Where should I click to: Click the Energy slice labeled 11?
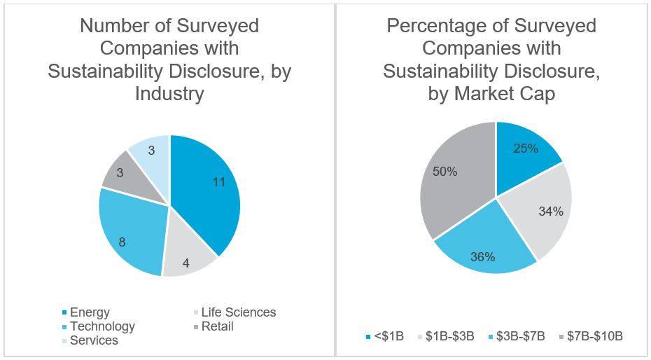(x=210, y=189)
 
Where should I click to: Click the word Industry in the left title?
(x=169, y=93)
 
